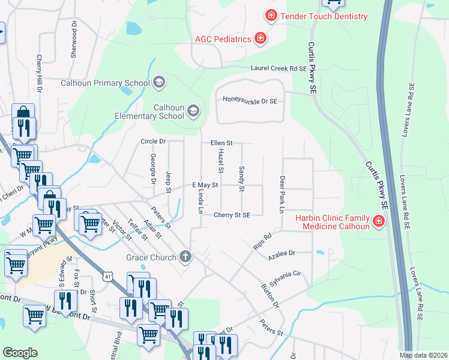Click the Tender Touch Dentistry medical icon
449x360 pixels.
click(x=271, y=16)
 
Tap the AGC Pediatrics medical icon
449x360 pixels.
click(x=261, y=39)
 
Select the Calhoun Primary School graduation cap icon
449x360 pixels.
click(x=159, y=82)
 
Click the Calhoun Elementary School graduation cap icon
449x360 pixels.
click(x=193, y=111)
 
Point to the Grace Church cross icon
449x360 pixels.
click(x=186, y=257)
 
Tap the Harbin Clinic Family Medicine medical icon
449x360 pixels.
click(x=379, y=222)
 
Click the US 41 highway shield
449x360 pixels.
click(x=107, y=275)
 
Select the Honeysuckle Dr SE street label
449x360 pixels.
click(x=250, y=101)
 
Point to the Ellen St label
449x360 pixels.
click(x=221, y=143)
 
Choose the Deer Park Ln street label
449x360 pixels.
click(x=281, y=194)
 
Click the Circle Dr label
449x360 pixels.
click(x=152, y=142)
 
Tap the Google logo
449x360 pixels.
click(x=20, y=352)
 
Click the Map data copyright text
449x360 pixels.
click(x=423, y=355)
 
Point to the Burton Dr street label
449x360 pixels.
click(x=269, y=296)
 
